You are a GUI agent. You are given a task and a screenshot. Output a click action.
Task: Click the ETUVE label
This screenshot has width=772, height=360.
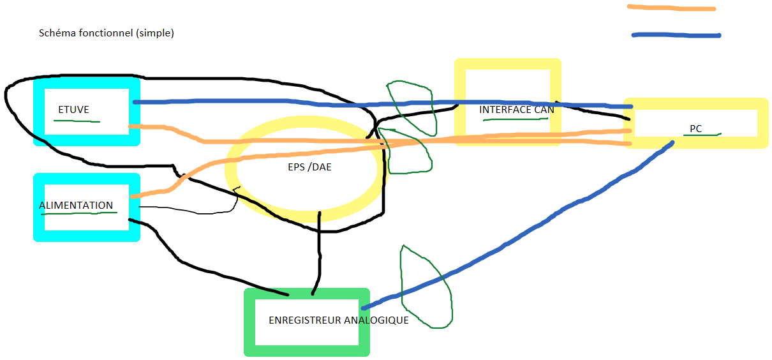click(73, 110)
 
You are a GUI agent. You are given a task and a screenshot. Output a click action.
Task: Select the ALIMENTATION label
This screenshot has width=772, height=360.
click(76, 206)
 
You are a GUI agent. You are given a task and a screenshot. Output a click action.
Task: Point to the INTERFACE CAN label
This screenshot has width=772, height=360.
click(517, 110)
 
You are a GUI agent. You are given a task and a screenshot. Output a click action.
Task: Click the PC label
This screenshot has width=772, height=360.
click(695, 129)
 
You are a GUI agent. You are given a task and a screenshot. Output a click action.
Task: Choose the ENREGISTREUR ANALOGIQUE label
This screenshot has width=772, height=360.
click(339, 320)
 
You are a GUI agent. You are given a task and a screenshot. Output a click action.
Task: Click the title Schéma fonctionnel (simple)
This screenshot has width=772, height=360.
click(107, 33)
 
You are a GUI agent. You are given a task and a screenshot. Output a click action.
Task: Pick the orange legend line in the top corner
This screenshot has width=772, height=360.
click(671, 8)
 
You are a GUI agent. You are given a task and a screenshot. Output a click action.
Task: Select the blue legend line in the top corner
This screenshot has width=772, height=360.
click(676, 35)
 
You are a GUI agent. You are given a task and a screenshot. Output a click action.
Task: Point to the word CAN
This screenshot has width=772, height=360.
click(544, 110)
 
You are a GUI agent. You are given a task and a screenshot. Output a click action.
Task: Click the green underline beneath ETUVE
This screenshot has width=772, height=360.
click(77, 120)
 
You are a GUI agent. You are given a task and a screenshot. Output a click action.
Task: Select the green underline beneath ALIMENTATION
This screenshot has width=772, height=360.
click(80, 213)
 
